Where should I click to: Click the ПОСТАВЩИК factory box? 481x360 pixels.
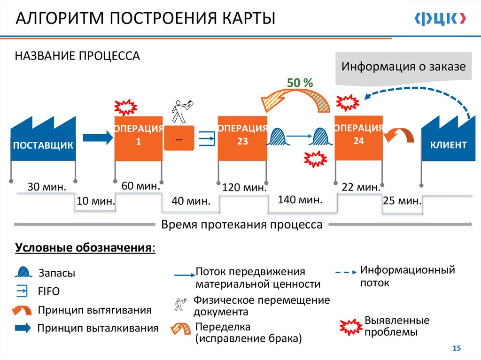coord(43,145)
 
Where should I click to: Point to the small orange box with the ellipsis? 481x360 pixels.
coord(179,138)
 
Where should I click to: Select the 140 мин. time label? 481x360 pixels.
coord(300,200)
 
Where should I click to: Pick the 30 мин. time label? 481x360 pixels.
coord(47,187)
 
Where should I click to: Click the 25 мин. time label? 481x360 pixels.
coord(402,201)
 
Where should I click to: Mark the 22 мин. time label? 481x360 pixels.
coord(361,187)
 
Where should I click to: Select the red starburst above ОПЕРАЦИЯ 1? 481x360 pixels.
coord(125,107)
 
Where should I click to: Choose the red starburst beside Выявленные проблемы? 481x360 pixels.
coord(351,327)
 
